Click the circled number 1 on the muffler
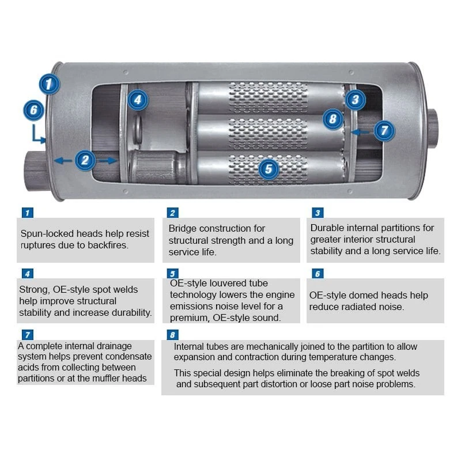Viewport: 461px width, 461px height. point(50,84)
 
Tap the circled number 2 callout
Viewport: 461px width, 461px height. point(85,160)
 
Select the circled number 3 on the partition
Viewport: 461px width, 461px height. point(355,100)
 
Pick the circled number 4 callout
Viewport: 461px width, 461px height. point(137,100)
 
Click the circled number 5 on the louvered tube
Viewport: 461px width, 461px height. point(269,169)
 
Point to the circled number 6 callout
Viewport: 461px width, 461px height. point(34,110)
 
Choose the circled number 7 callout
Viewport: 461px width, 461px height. point(384,130)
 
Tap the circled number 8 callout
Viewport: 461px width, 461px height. point(332,120)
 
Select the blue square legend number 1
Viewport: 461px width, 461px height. point(27,213)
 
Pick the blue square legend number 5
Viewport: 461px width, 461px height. point(172,274)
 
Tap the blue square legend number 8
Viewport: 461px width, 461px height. point(172,335)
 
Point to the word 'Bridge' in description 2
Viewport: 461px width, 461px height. point(184,229)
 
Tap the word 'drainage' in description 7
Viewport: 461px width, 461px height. point(113,346)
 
